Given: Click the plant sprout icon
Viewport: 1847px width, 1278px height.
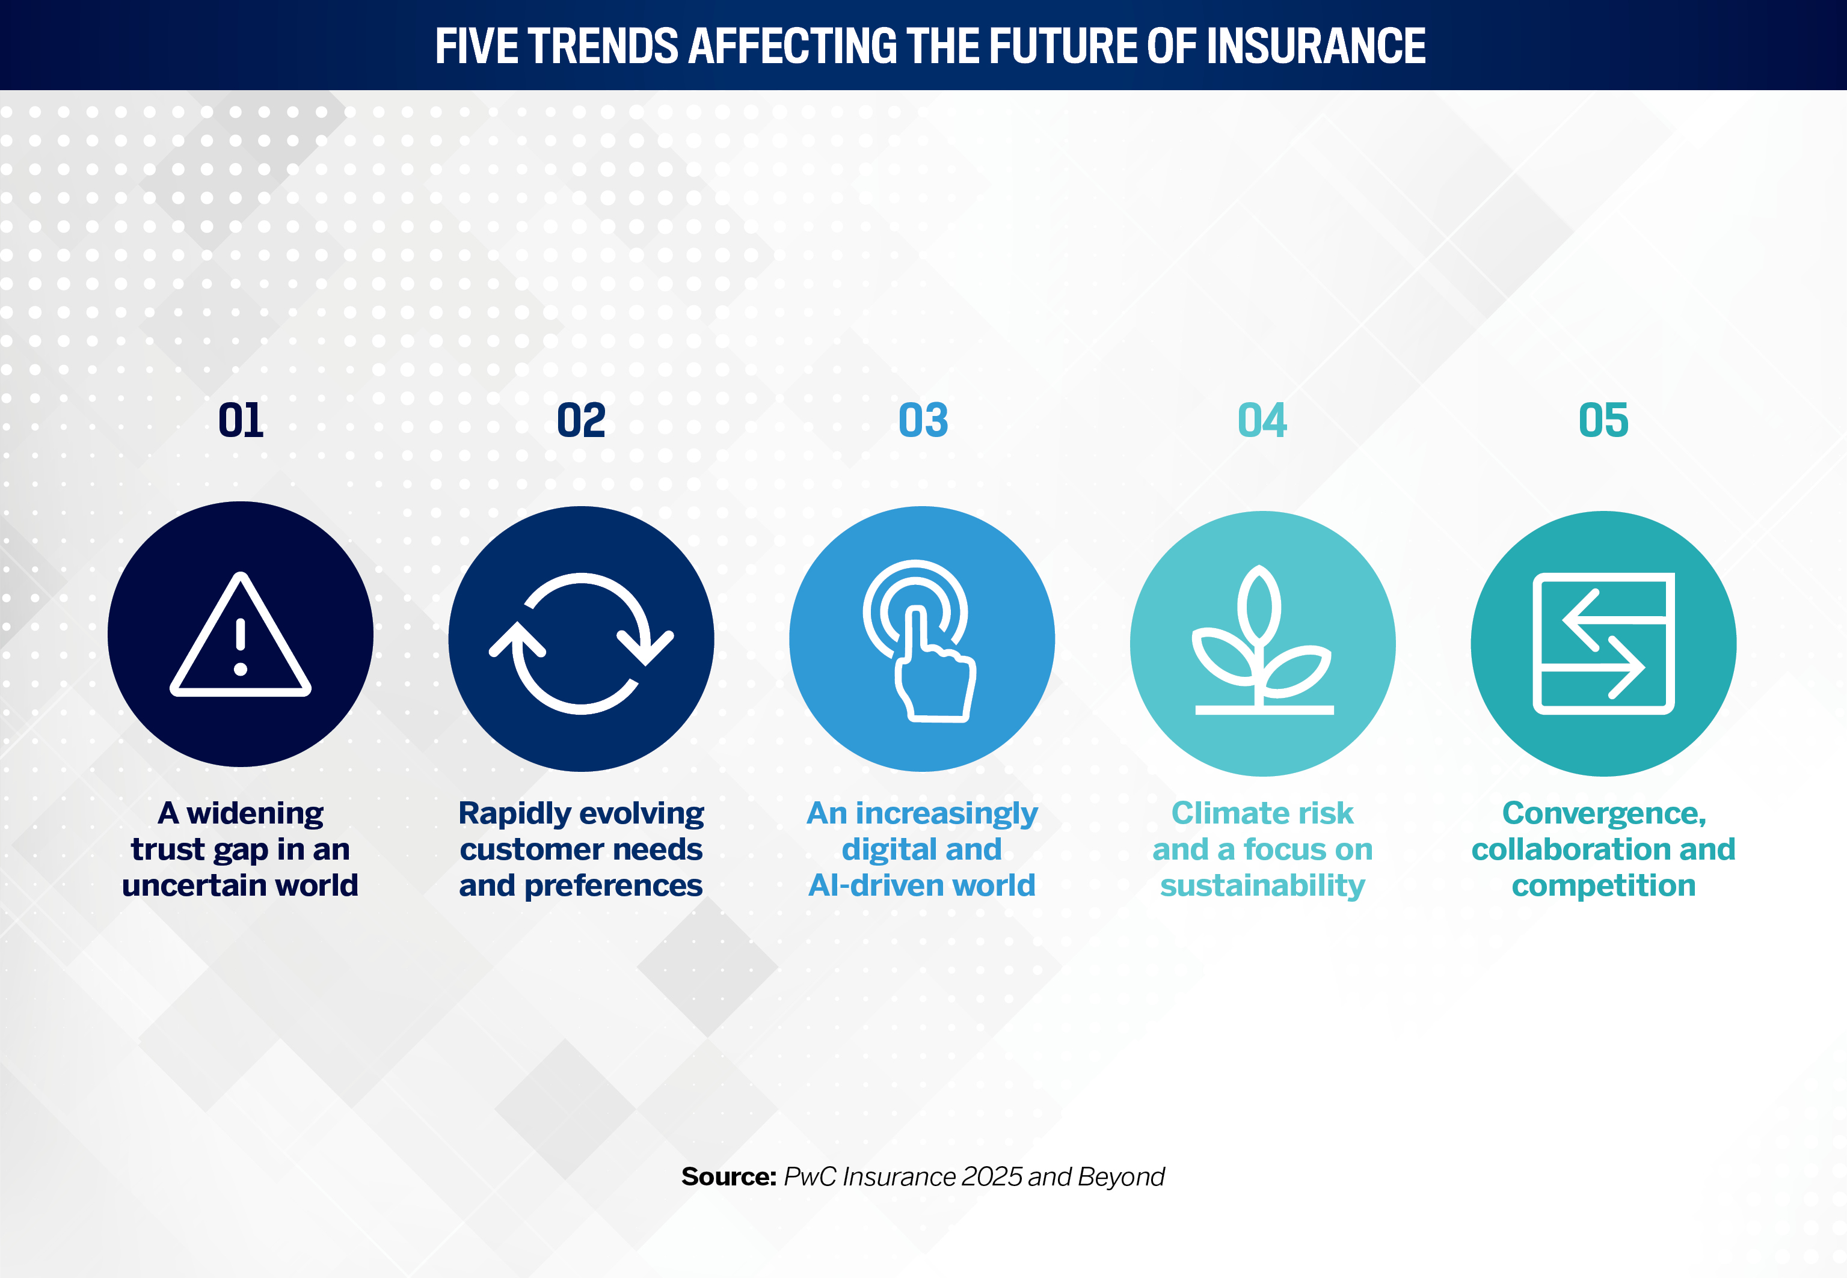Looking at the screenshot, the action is coord(1263,641).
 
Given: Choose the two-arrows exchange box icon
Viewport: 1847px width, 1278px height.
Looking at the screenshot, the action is coord(1603,643).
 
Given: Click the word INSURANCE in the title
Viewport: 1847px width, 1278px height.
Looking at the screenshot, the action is coord(1316,46).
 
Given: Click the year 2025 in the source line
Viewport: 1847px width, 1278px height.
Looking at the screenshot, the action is coord(992,1176).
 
